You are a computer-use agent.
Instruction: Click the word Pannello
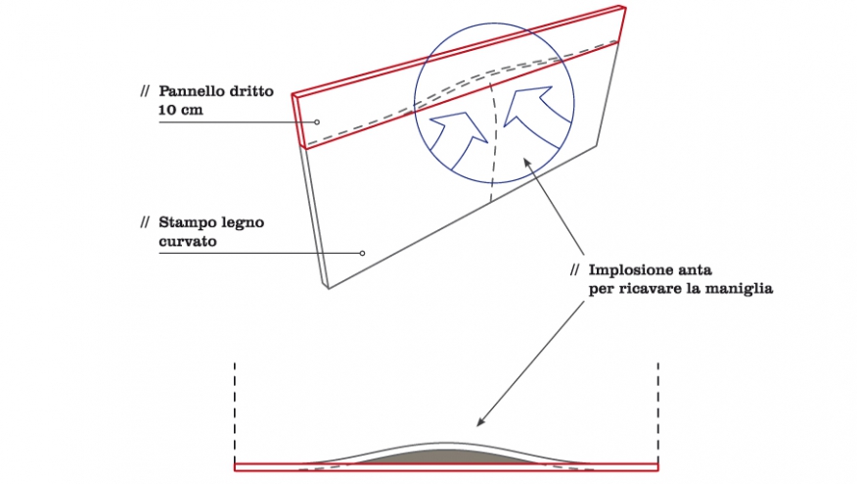pyautogui.click(x=192, y=91)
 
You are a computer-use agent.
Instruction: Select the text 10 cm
pyautogui.click(x=181, y=110)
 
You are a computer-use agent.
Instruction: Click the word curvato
pyautogui.click(x=188, y=241)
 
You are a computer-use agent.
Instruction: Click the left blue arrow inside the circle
pyautogui.click(x=459, y=137)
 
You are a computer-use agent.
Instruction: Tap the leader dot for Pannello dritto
pyautogui.click(x=316, y=122)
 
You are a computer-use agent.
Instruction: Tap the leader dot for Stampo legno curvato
pyautogui.click(x=362, y=253)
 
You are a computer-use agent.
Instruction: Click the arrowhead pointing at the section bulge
pyautogui.click(x=480, y=421)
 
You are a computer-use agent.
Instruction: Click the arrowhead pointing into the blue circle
pyautogui.click(x=527, y=162)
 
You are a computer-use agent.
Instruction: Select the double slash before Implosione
pyautogui.click(x=574, y=270)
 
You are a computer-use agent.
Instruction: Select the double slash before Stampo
pyautogui.click(x=145, y=222)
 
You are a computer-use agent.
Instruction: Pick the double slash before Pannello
pyautogui.click(x=145, y=91)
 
